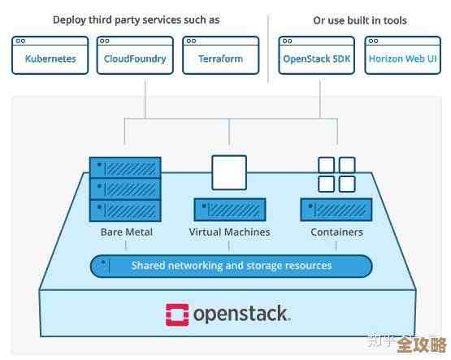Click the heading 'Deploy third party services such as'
(x=135, y=20)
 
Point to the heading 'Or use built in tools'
(x=360, y=20)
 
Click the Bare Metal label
(x=126, y=232)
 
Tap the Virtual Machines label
(x=229, y=232)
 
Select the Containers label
(x=336, y=232)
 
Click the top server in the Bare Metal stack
(x=125, y=167)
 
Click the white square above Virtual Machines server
(x=228, y=172)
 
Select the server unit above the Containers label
(x=336, y=210)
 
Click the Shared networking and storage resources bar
(x=231, y=266)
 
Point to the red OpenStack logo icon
(x=177, y=314)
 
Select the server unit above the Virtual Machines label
(x=229, y=210)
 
